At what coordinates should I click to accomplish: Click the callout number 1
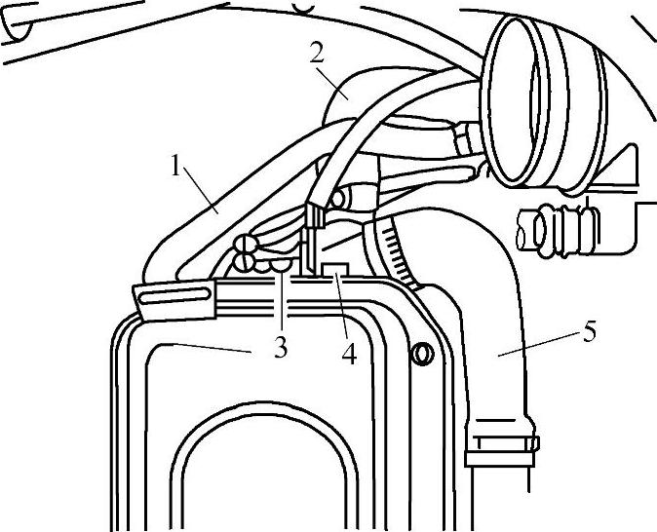[176, 167]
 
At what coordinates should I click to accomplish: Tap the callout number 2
[317, 54]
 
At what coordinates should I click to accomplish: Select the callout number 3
[281, 348]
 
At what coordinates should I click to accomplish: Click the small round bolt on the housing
[423, 354]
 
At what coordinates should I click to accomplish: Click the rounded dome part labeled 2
[366, 93]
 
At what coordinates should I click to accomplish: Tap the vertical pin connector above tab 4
[314, 234]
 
